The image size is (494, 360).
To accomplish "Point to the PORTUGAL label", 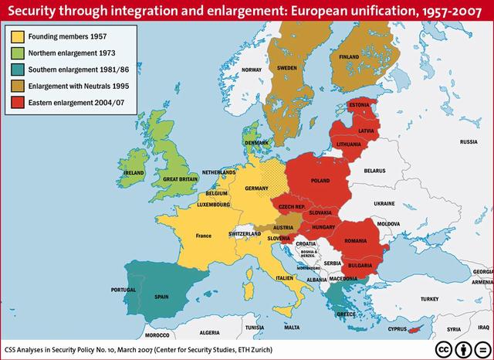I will (124, 290).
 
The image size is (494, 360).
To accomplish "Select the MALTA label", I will (292, 328).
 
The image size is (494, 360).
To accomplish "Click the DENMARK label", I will (256, 143).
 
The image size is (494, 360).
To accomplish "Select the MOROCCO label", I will (157, 336).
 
